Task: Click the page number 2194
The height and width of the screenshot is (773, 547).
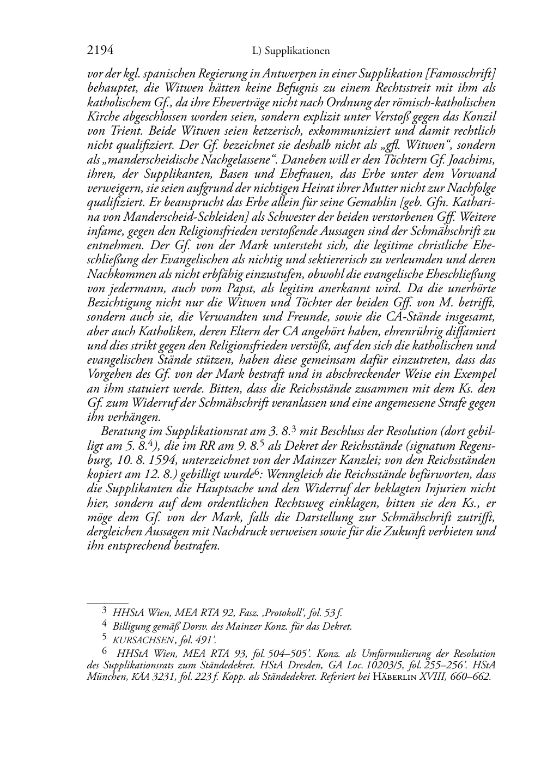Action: [x=100, y=51]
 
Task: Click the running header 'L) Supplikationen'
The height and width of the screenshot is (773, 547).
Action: [x=291, y=51]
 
